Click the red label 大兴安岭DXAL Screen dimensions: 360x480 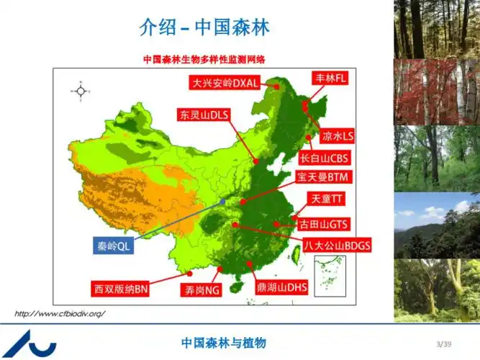225,82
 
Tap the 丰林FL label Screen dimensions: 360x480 330,78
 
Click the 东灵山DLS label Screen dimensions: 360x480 204,114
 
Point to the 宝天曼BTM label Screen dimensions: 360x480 322,176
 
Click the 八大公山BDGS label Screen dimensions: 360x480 337,245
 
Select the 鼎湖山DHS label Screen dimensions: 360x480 281,287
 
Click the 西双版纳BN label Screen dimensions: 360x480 121,289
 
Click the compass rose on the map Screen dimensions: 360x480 81,91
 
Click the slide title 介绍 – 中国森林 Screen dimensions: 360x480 204,27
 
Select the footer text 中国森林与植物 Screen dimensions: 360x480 223,343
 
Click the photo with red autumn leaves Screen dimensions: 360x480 436,91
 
